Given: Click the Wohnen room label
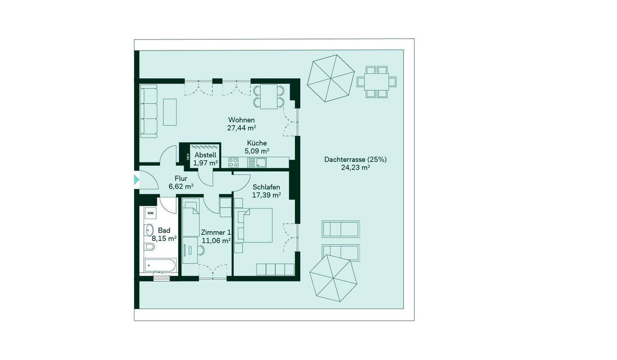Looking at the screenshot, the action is pyautogui.click(x=241, y=120).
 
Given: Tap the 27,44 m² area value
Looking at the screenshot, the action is pyautogui.click(x=242, y=128).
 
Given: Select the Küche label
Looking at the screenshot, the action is pyautogui.click(x=257, y=143).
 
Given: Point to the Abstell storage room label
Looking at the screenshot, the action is pyautogui.click(x=206, y=155).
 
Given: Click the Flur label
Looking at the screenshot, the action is pyautogui.click(x=181, y=178).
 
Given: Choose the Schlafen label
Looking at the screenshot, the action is pyautogui.click(x=267, y=187).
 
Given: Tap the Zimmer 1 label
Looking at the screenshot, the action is pyautogui.click(x=216, y=232).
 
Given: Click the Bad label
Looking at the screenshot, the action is pyautogui.click(x=164, y=231).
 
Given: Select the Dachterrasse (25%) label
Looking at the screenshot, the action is pyautogui.click(x=355, y=159).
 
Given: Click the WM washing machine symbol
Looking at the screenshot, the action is pyautogui.click(x=150, y=213).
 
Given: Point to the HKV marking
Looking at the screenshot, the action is pyautogui.click(x=188, y=156).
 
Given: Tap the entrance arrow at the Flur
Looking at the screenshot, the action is pyautogui.click(x=136, y=180).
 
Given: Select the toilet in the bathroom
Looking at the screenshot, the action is pyautogui.click(x=150, y=246).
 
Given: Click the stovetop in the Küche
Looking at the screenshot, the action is pyautogui.click(x=233, y=162).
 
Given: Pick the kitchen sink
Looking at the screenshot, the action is pyautogui.click(x=257, y=162).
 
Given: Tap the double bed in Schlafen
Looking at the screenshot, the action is pyautogui.click(x=253, y=225).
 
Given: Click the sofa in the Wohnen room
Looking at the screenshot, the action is pyautogui.click(x=149, y=111).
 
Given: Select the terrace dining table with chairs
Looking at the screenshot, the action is pyautogui.click(x=377, y=82).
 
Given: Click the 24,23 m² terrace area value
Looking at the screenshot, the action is pyautogui.click(x=355, y=168).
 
